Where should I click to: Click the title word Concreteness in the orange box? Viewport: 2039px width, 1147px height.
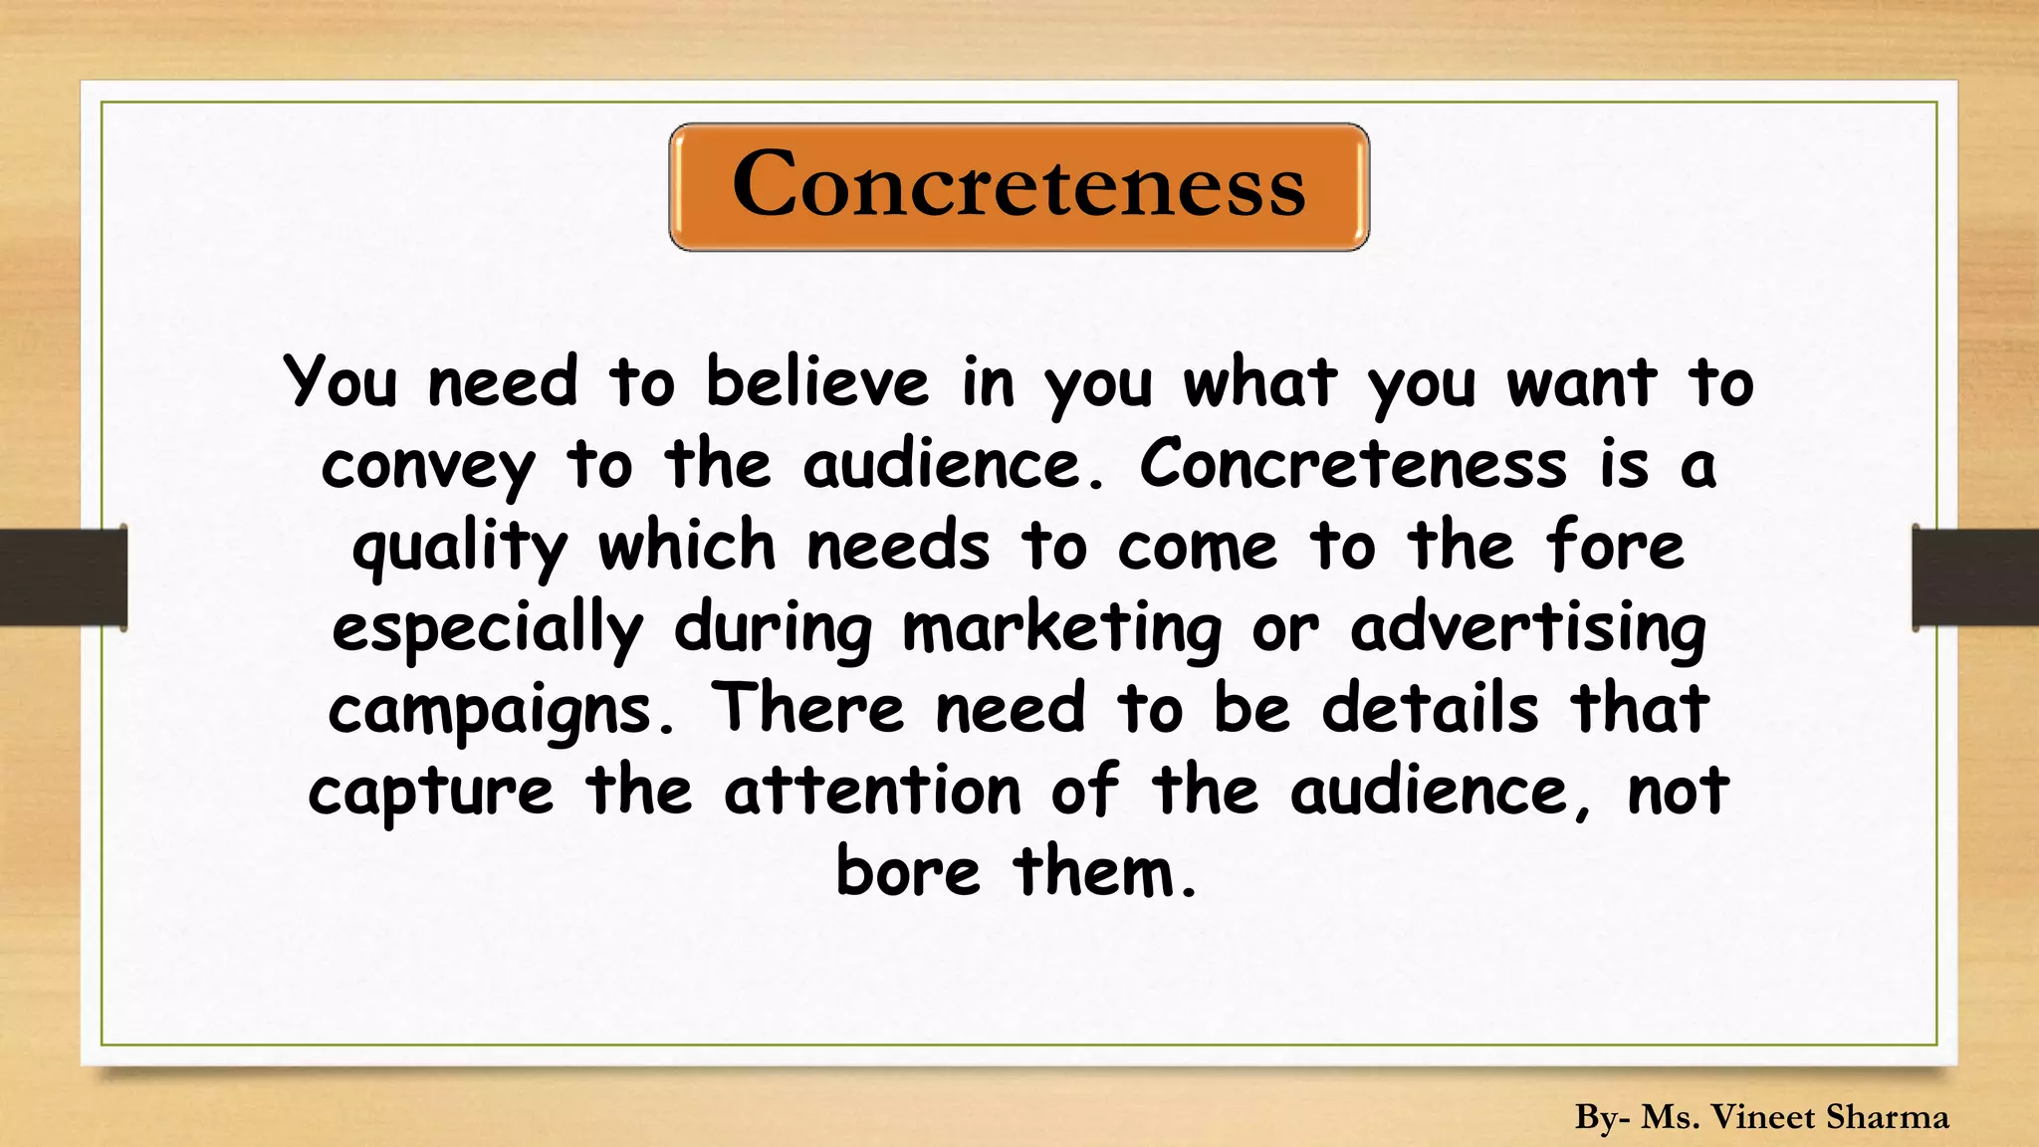pos(1019,186)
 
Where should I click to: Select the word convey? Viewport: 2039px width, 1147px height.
pos(428,466)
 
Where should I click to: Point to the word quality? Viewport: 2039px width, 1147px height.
pos(459,549)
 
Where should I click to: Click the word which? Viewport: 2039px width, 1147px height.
pos(686,548)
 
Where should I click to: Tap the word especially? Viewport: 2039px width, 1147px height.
pos(487,630)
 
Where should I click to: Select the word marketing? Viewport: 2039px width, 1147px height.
pos(1061,630)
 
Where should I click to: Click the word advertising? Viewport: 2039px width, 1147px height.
pos(1527,630)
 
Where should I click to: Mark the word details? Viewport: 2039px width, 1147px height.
pos(1430,709)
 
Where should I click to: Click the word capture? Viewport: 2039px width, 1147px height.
pos(430,794)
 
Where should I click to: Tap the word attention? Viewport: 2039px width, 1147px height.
pos(872,792)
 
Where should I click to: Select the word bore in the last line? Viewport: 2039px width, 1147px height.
pos(907,872)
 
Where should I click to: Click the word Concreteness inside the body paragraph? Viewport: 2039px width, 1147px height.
pos(1353,465)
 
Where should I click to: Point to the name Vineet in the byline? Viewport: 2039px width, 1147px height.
pos(1762,1117)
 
